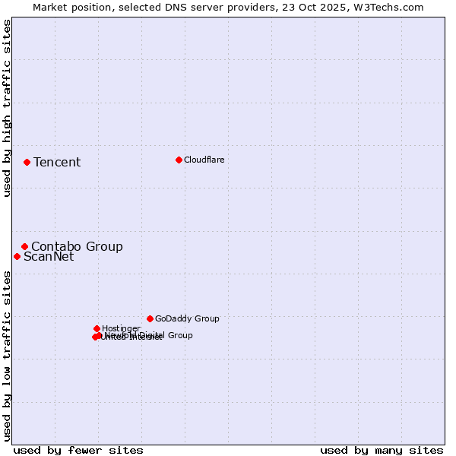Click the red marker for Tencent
click(x=27, y=162)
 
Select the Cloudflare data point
click(x=179, y=160)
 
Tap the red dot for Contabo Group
click(x=24, y=246)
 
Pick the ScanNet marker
click(x=17, y=256)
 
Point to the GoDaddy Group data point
click(x=150, y=318)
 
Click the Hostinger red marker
click(x=97, y=328)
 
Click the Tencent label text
click(x=57, y=162)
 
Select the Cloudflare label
click(x=204, y=160)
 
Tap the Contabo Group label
click(x=77, y=246)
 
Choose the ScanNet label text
click(x=49, y=256)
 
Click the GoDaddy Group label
click(x=187, y=318)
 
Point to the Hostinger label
click(x=121, y=328)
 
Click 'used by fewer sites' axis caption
click(x=78, y=450)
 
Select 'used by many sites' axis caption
click(x=382, y=450)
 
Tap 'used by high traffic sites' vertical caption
click(x=7, y=109)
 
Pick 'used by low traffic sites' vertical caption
click(x=7, y=355)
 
